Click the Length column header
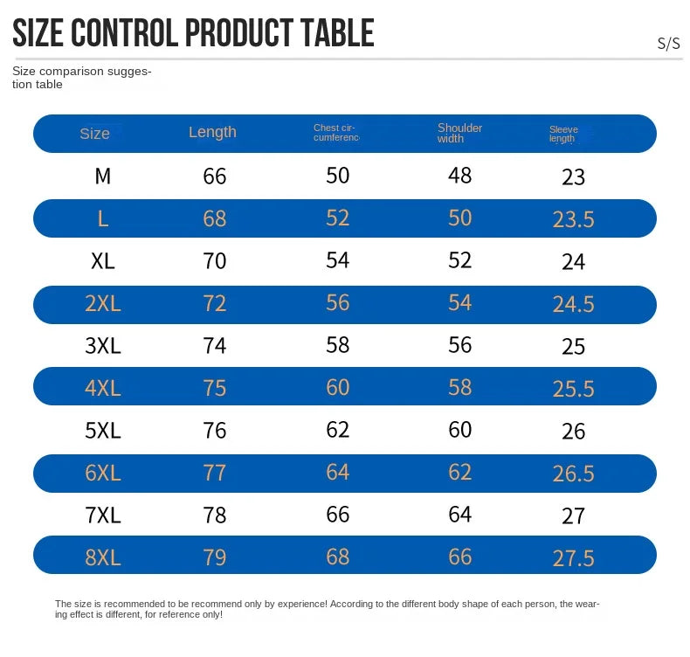pos(212,132)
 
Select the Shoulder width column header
pos(459,133)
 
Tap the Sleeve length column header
pos(563,134)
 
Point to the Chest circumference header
pos(336,133)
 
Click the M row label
pos(103,176)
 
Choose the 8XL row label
pos(103,557)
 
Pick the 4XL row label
pos(103,387)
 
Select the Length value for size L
pos(215,218)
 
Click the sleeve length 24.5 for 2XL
pos(573,304)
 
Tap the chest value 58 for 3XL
pos(338,344)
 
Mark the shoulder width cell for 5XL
pos(460,429)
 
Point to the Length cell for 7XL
pos(215,515)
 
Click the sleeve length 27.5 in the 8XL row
pos(573,558)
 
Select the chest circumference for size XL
pos(338,259)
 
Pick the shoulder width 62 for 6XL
pos(460,472)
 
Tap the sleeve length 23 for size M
pos(573,177)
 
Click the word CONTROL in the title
pos(124,33)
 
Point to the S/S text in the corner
pos(668,44)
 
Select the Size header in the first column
pos(94,134)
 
